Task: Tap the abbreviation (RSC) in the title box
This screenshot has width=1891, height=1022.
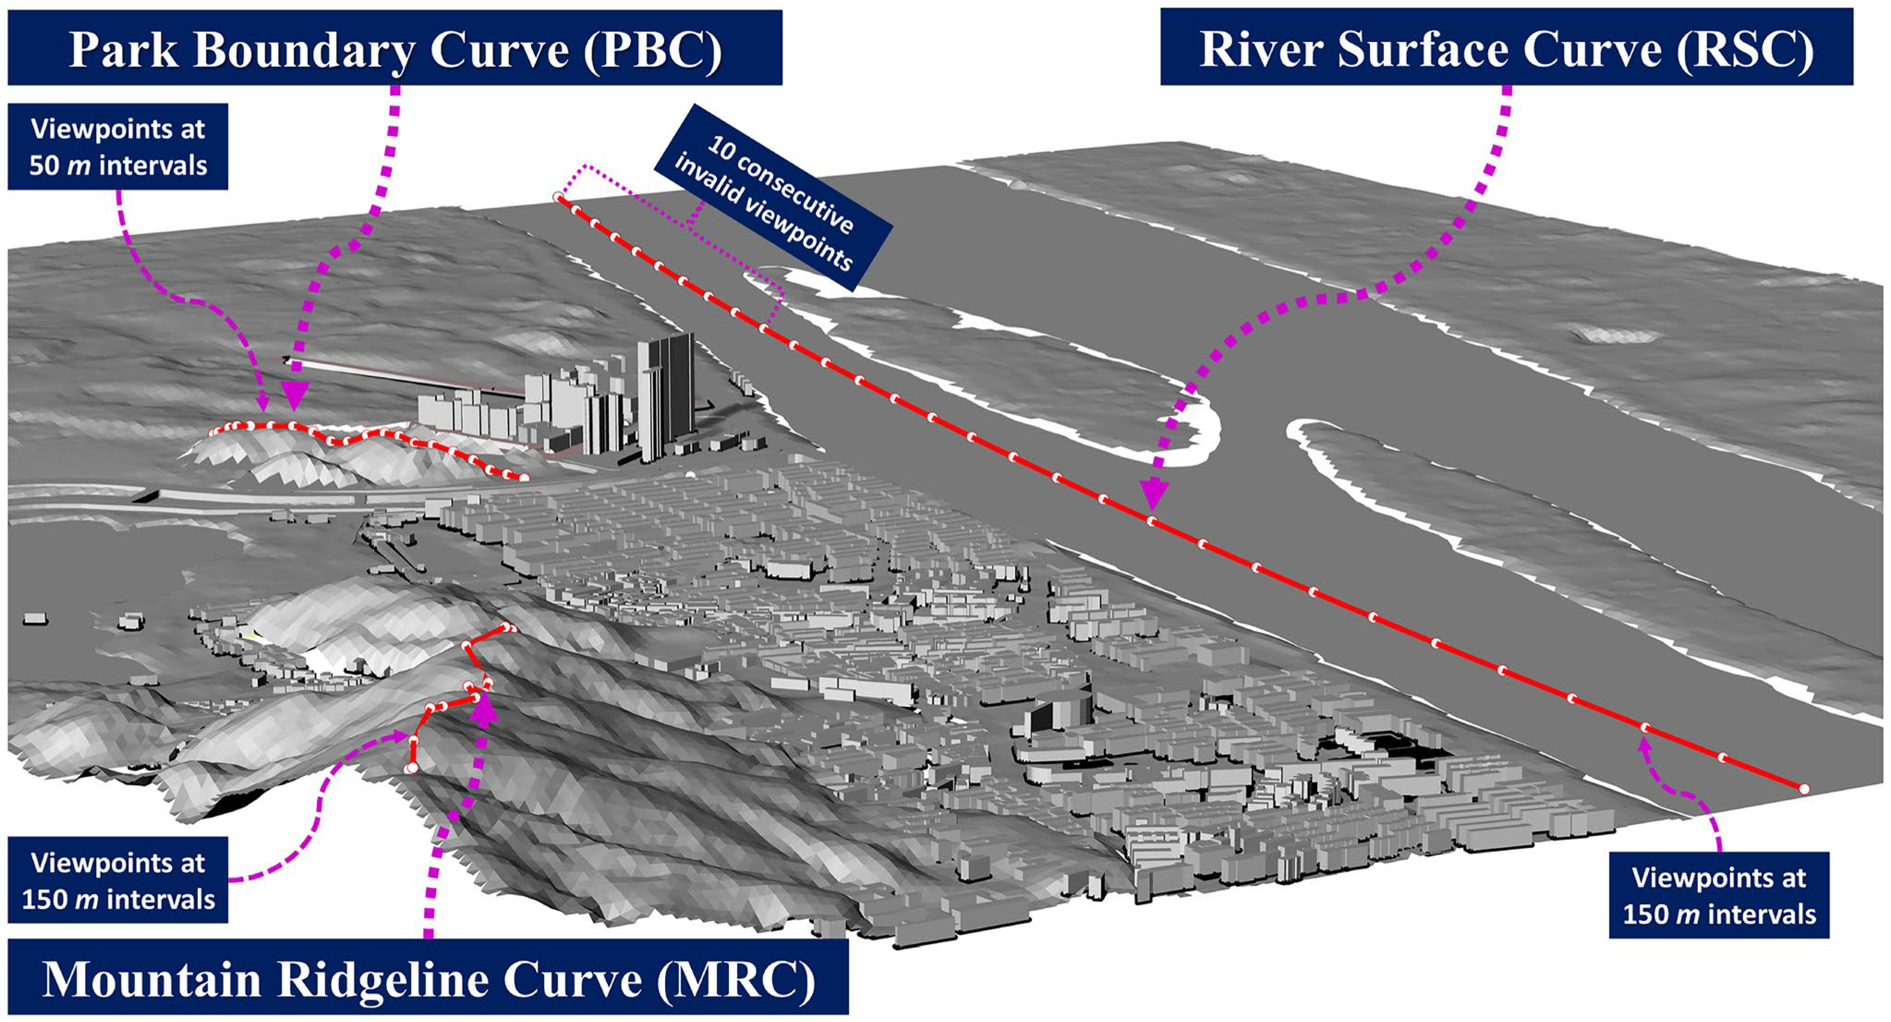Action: [1745, 50]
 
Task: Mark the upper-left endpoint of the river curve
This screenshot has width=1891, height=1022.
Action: [558, 197]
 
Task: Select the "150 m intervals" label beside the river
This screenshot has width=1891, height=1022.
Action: [1719, 914]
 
